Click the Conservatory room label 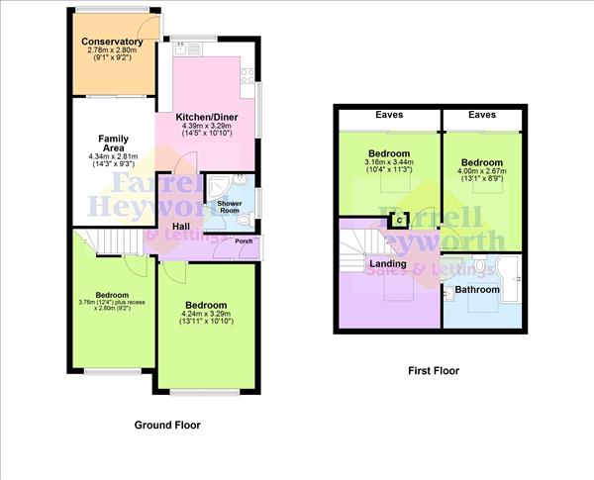pyautogui.click(x=113, y=42)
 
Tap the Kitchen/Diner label pyautogui.click(x=205, y=117)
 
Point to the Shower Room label pyautogui.click(x=230, y=207)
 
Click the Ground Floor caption pyautogui.click(x=167, y=425)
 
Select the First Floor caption pyautogui.click(x=434, y=371)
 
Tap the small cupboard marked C pyautogui.click(x=400, y=220)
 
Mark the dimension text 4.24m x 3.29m pyautogui.click(x=204, y=314)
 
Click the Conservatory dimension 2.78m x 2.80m pyautogui.click(x=113, y=50)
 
